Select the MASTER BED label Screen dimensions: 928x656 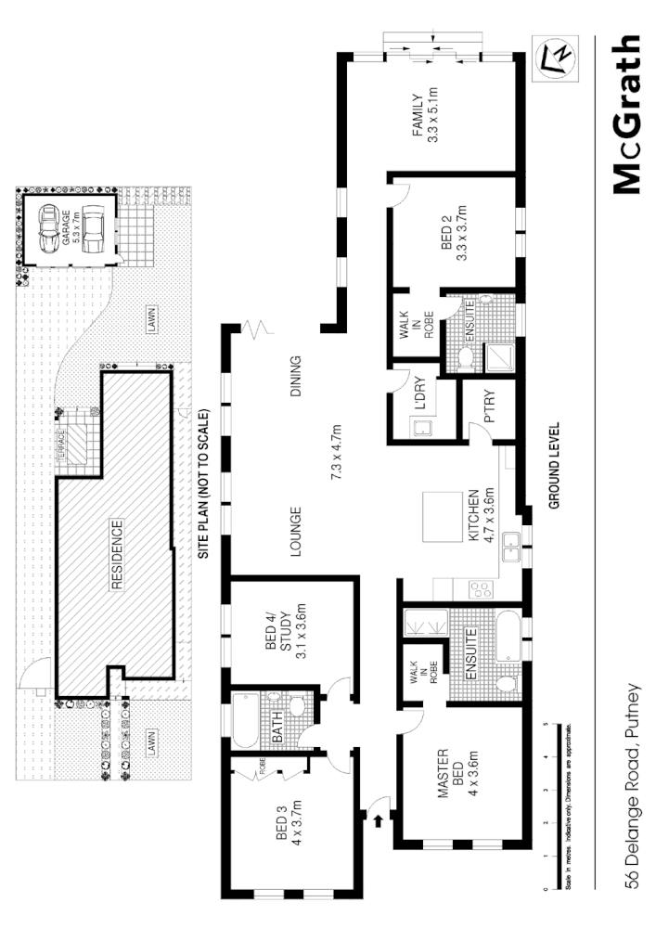tap(449, 772)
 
